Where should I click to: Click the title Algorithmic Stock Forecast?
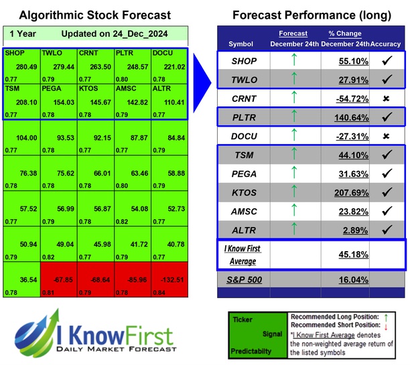coord(94,15)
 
